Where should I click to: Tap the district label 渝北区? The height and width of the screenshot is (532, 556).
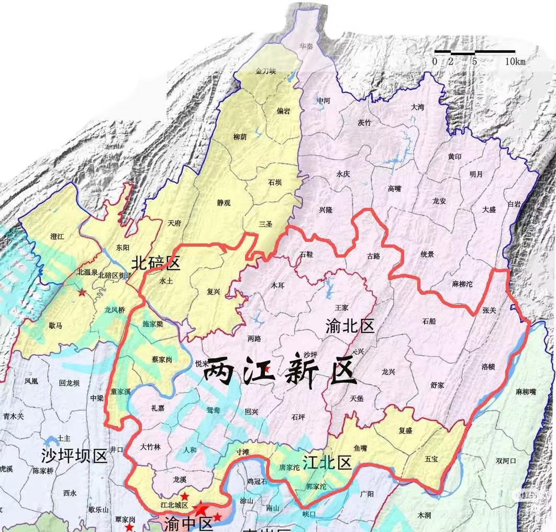(x=350, y=326)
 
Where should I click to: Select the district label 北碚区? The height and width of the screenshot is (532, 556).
(x=155, y=262)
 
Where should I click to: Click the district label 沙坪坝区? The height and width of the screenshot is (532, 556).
(x=74, y=456)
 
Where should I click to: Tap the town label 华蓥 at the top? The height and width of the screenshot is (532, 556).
(x=306, y=46)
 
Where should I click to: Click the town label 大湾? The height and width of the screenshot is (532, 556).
(x=417, y=107)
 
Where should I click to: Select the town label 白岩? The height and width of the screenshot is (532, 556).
(x=515, y=204)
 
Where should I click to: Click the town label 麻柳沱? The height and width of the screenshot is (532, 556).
(x=462, y=284)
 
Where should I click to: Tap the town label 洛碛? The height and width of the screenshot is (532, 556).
(x=488, y=367)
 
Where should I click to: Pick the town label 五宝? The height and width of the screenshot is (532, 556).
(x=431, y=459)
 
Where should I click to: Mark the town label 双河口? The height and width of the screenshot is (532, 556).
(x=506, y=461)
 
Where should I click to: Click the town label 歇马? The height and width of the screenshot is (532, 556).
(x=55, y=326)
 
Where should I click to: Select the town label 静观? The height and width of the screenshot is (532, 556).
(x=224, y=203)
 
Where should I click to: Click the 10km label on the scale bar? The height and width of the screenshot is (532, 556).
(x=515, y=62)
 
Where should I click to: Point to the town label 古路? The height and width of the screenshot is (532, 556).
(x=373, y=256)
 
